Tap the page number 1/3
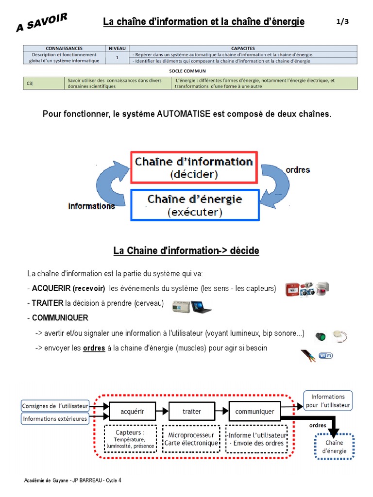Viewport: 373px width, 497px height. coord(342,22)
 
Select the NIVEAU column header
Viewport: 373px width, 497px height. coord(117,49)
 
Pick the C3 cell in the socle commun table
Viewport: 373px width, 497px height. coord(30,83)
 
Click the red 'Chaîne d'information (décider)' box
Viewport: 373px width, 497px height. coord(194,167)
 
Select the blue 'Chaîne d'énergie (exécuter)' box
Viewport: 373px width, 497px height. coord(195,205)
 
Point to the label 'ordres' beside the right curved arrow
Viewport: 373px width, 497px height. coord(298,170)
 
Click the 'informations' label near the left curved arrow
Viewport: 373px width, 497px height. coord(91,206)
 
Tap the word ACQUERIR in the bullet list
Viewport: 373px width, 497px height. coord(51,288)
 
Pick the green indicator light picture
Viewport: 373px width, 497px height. coord(321,336)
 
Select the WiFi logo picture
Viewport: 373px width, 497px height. coord(325,356)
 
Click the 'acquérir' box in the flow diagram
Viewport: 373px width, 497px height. coord(133,411)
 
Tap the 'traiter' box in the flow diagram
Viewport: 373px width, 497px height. coord(192,411)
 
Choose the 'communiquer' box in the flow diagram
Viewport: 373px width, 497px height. coord(254,411)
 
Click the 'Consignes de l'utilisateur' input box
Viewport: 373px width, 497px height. coord(55,405)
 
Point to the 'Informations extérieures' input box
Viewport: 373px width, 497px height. coord(55,418)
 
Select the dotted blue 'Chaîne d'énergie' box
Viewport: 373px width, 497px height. coord(335,447)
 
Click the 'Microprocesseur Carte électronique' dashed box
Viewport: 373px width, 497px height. coord(191,439)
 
